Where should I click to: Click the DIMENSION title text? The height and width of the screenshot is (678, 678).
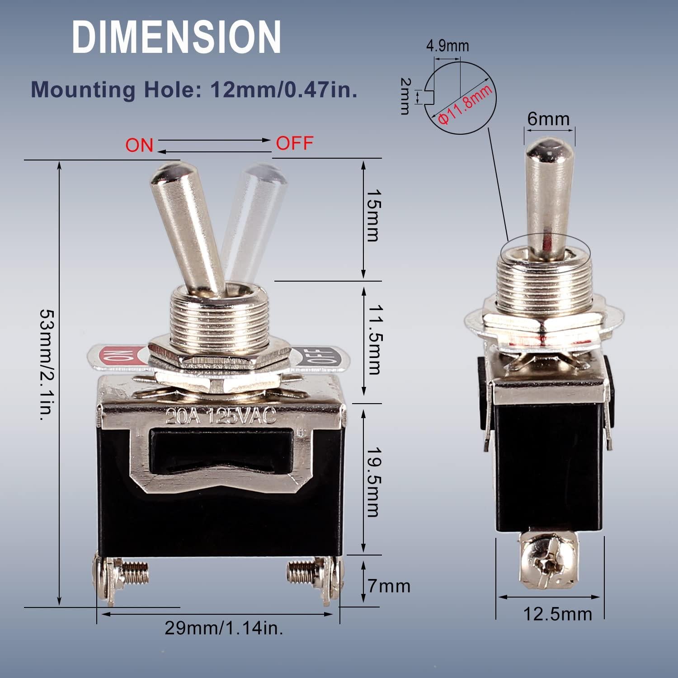pos(176,38)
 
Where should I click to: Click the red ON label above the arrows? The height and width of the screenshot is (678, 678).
pos(139,146)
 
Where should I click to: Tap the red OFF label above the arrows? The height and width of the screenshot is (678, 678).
pos(295,143)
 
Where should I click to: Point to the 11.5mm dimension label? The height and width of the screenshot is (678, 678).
pos(373,339)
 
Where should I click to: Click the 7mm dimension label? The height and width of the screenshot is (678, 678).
pos(389,586)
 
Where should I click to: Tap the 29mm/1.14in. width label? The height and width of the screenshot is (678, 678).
pos(224,628)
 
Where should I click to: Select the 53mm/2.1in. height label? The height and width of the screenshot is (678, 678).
pos(47,365)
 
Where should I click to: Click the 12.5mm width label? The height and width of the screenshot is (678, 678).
pos(558,614)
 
